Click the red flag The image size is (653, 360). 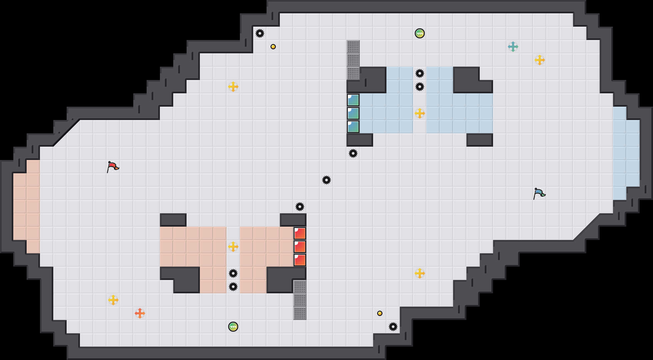113,166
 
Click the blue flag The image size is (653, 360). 539,193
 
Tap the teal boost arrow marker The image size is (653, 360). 513,47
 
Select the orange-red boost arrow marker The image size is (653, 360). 140,313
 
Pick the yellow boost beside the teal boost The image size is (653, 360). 540,60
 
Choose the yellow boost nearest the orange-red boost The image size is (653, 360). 113,300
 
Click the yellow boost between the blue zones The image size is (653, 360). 420,113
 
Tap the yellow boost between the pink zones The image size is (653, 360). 233,247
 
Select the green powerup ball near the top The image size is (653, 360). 420,33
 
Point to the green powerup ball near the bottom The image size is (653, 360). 233,327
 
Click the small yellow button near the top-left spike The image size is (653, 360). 273,47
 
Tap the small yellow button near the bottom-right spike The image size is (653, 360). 380,313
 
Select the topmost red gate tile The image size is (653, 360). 300,233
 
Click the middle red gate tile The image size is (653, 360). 300,247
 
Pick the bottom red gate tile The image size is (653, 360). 300,260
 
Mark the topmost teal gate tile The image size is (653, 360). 353,100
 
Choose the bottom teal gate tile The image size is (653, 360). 353,127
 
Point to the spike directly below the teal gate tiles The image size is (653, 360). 353,153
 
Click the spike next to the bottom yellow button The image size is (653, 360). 393,327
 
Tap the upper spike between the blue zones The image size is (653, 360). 420,73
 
